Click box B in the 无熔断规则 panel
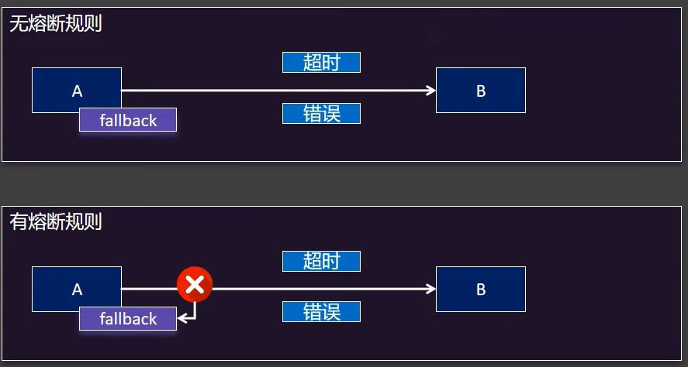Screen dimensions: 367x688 (x=480, y=91)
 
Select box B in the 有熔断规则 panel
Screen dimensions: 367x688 (x=480, y=289)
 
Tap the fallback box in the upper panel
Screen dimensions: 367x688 (x=128, y=120)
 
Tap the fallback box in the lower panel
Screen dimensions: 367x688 (x=128, y=318)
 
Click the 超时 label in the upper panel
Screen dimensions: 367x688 (x=321, y=63)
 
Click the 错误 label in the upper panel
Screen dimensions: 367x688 (x=321, y=114)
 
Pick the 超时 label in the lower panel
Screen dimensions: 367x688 (x=321, y=261)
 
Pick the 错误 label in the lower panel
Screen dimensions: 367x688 (x=321, y=312)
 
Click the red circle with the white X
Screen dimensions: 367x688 (x=195, y=285)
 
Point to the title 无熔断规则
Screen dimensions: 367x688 (x=56, y=24)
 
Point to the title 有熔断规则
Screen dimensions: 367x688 (x=56, y=222)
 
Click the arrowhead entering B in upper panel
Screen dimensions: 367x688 (x=431, y=91)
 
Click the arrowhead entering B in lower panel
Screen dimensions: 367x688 (x=431, y=289)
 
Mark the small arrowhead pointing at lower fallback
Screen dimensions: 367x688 (x=181, y=317)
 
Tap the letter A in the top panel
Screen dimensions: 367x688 (x=77, y=91)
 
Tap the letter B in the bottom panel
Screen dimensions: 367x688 (x=481, y=290)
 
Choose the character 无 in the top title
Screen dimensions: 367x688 (x=18, y=24)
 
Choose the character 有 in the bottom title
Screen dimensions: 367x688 (x=18, y=222)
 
